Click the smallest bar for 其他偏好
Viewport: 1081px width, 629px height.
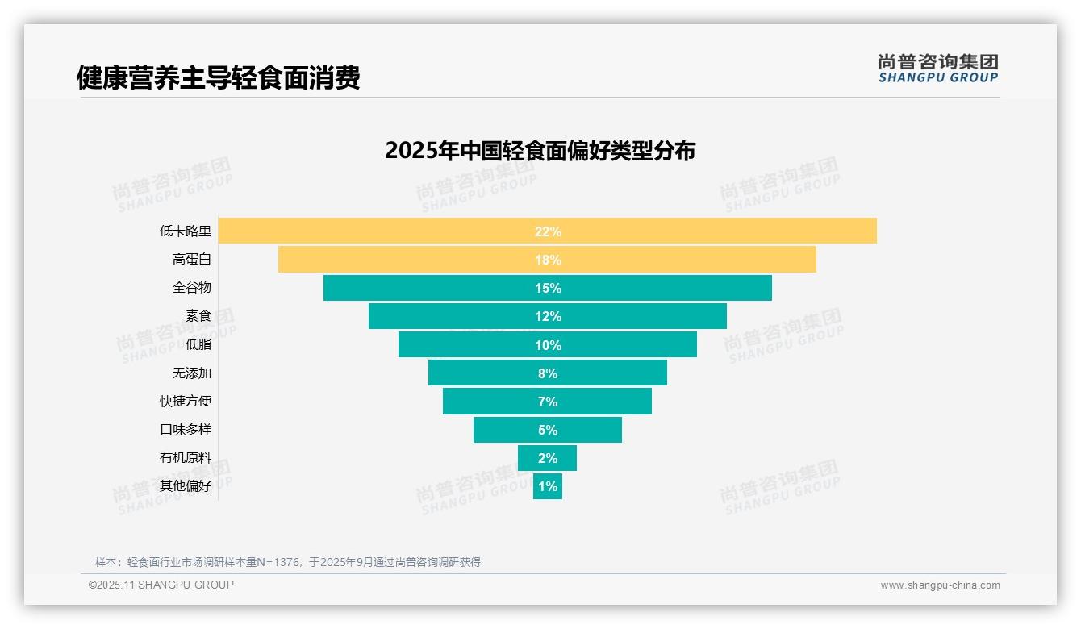tap(547, 486)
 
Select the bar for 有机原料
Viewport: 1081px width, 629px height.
tap(547, 458)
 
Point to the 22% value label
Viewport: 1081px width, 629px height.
tap(548, 231)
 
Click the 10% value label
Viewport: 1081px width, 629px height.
tap(548, 345)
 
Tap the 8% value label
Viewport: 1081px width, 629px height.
tap(548, 373)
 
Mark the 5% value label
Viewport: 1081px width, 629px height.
tap(548, 430)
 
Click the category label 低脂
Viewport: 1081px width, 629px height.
tap(198, 344)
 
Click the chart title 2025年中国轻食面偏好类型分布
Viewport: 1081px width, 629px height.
tap(540, 151)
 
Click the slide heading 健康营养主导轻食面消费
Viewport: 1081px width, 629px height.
tap(218, 77)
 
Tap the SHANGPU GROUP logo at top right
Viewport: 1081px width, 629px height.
tap(937, 69)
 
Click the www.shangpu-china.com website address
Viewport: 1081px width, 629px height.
tap(940, 585)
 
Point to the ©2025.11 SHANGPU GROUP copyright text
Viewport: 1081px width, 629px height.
tap(161, 585)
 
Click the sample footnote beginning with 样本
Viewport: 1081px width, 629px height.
tap(288, 562)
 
